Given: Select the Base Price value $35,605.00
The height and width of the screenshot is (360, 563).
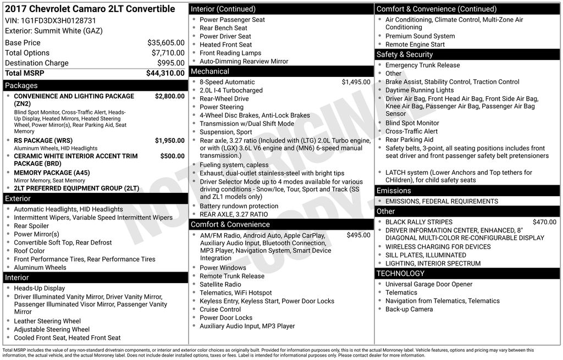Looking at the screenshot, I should (165, 43).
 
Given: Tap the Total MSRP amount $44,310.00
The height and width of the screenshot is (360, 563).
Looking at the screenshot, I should (165, 73).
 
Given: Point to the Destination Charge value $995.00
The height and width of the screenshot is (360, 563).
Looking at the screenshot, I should (170, 63).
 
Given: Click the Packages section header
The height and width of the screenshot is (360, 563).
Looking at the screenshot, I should (21, 86).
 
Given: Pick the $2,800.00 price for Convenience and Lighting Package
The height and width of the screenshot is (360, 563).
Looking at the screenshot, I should (169, 96).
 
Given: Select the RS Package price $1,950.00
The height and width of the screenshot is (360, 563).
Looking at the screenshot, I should (169, 141).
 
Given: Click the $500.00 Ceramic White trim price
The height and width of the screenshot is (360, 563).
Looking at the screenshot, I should (172, 156).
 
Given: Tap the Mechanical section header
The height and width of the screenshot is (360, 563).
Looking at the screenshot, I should (210, 71).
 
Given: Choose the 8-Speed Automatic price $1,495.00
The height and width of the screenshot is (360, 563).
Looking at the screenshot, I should (356, 82).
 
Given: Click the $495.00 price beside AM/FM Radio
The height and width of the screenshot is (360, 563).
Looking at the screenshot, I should (358, 235).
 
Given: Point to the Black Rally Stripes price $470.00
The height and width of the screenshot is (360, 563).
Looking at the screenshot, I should (544, 222).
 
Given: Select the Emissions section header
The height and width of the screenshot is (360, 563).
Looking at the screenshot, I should (394, 191).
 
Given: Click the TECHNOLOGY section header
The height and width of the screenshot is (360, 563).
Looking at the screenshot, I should (400, 273).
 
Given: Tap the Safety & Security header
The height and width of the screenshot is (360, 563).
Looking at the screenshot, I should (405, 54).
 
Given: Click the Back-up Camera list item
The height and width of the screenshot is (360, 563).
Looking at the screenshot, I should (409, 309).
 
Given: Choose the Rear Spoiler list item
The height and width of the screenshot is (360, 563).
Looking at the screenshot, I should (31, 226).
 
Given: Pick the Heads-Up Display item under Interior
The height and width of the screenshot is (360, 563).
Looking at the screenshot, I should (39, 288).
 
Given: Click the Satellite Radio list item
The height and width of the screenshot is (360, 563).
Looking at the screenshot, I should (220, 285).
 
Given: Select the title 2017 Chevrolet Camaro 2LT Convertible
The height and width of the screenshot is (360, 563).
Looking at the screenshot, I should (90, 9).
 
